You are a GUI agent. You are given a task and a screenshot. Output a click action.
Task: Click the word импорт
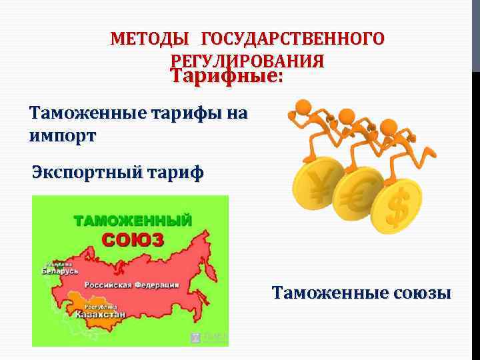[x=63, y=136]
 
